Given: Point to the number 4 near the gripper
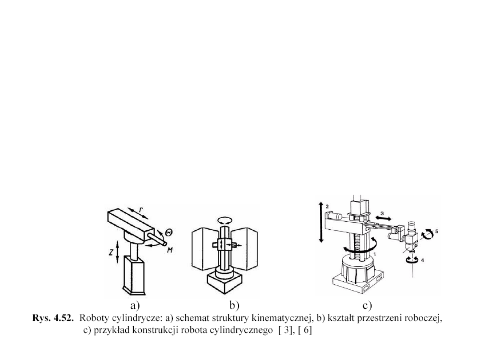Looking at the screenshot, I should [422, 260].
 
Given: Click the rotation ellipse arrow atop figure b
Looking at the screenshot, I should [224, 220].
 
